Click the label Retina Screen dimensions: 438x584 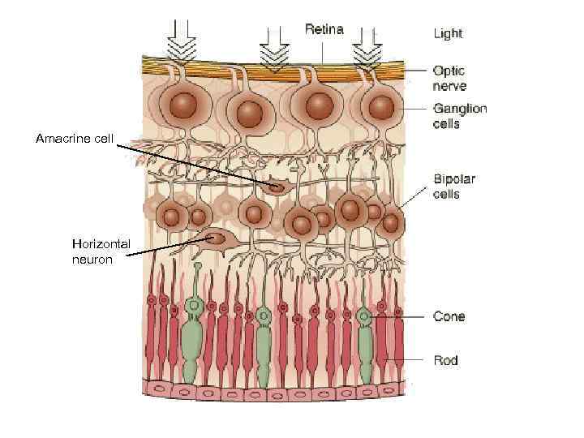pos(324,29)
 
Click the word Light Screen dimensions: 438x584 pos(448,33)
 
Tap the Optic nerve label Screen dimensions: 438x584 pos(450,79)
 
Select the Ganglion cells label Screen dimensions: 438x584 pos(459,116)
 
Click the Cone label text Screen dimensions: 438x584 pos(449,316)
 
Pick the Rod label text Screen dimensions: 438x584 pos(445,360)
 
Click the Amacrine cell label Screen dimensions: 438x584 pos(75,139)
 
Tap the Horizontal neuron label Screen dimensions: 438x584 pos(101,251)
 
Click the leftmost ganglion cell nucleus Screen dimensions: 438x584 pos(183,105)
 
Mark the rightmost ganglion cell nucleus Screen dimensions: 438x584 pos(378,109)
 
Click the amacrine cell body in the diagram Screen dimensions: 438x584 pos(277,187)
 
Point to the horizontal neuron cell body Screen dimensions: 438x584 pos(215,238)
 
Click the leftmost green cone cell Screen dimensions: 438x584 pos(192,341)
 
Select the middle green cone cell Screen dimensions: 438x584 pos(264,345)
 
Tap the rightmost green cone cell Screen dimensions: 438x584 pos(365,345)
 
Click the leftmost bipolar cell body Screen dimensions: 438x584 pos(171,217)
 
